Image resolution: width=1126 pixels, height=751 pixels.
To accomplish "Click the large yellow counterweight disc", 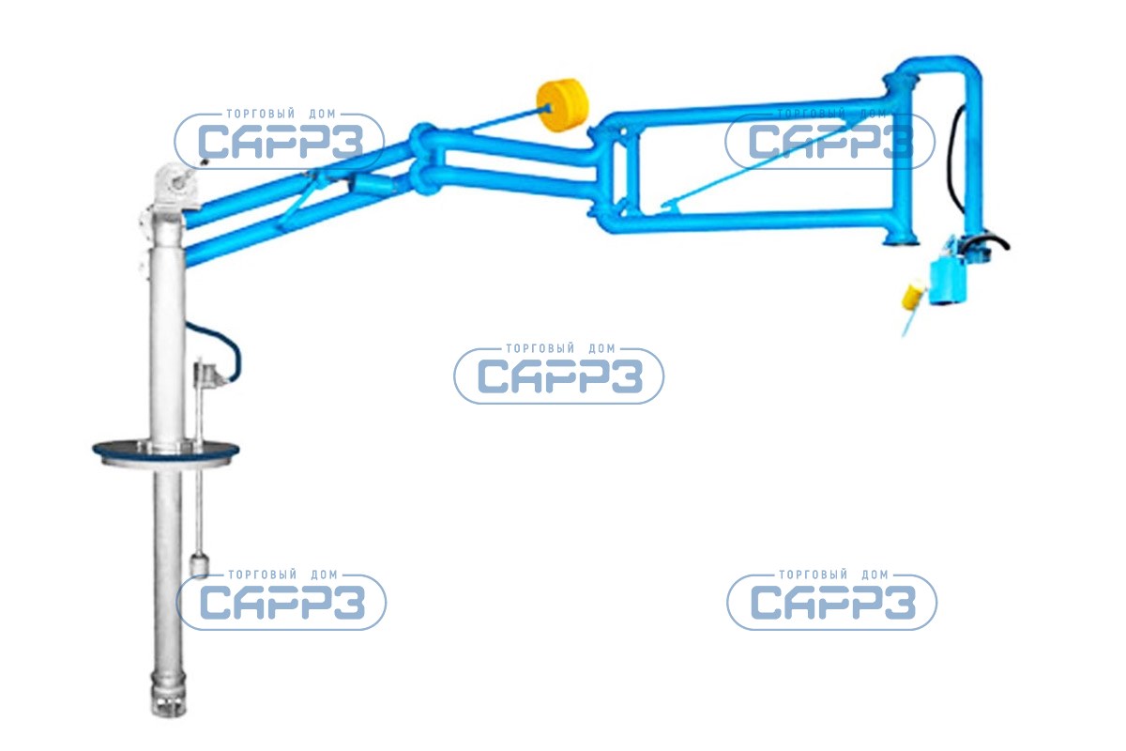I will pyautogui.click(x=561, y=105).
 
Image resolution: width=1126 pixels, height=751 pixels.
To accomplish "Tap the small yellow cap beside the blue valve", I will pyautogui.click(x=909, y=298).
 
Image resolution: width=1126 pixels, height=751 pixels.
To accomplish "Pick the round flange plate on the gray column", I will pyautogui.click(x=165, y=451).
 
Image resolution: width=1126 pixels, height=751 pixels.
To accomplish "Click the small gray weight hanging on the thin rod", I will pyautogui.click(x=200, y=565).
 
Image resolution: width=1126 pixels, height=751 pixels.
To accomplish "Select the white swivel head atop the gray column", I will pyautogui.click(x=175, y=185).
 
